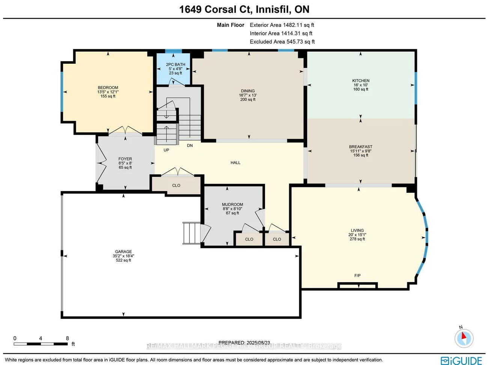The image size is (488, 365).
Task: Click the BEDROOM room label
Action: click(108, 88)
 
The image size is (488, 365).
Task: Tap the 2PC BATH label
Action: click(175, 65)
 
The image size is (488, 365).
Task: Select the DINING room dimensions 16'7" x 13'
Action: click(248, 95)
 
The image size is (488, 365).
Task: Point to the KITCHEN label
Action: click(361, 81)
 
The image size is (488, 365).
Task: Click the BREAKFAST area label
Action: click(360, 147)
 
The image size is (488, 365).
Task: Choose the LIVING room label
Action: click(357, 231)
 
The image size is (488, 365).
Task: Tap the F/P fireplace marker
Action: click(357, 276)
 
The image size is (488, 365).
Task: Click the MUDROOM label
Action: click(232, 205)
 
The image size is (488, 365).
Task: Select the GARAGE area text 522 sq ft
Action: click(123, 260)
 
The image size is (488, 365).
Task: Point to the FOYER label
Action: click(125, 159)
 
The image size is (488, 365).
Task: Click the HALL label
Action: click(235, 163)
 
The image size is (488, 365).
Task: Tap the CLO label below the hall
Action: click(176, 186)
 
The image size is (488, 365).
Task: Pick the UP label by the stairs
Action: click(166, 150)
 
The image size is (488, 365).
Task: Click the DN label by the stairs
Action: click(190, 146)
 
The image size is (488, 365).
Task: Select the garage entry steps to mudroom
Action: click(191, 233)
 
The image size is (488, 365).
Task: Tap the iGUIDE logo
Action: click(461, 360)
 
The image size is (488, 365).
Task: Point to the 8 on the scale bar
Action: click(68, 338)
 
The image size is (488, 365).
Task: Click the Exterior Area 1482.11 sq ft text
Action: click(282, 25)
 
